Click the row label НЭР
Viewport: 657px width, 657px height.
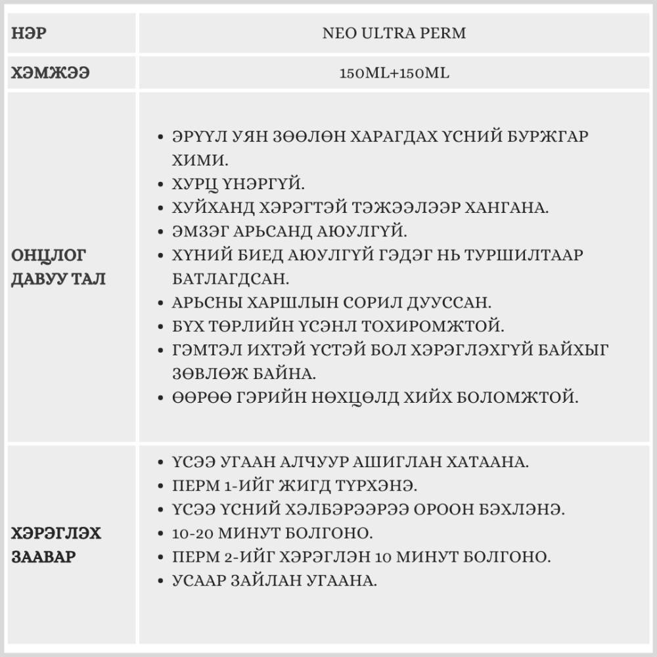click(x=29, y=34)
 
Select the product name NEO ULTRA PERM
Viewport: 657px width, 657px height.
click(x=394, y=34)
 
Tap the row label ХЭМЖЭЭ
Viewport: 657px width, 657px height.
click(x=50, y=73)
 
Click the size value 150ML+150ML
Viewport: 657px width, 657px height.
click(x=394, y=73)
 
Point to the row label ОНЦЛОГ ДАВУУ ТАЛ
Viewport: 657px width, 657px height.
click(x=58, y=266)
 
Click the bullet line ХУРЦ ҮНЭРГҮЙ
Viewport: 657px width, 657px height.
click(x=240, y=184)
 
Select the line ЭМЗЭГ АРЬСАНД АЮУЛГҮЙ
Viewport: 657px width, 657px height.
click(x=289, y=231)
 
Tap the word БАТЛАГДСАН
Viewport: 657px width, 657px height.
click(x=231, y=279)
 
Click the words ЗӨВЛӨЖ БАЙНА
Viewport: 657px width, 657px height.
click(x=244, y=373)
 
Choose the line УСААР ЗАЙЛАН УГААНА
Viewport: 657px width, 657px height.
click(x=274, y=581)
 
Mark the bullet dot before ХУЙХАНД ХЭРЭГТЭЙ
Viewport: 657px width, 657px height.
click(x=161, y=208)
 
